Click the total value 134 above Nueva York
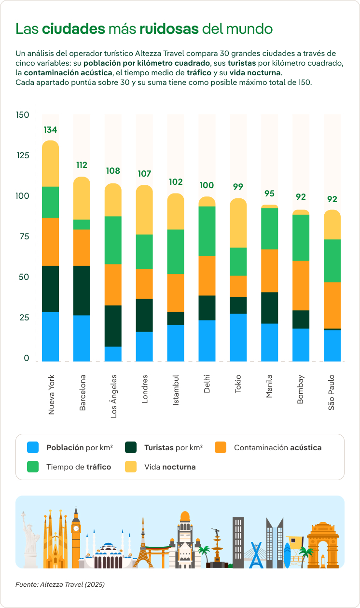coord(50,130)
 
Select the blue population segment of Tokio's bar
coord(238,337)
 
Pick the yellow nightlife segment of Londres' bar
coord(144,210)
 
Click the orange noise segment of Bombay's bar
coord(301,285)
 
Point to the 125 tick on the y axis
coord(23,155)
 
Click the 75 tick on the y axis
coord(23,236)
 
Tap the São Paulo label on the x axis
coord(332,392)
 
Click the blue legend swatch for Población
coord(33,447)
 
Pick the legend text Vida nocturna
coord(170,467)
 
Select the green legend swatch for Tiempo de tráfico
coord(33,467)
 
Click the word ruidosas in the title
coord(169,29)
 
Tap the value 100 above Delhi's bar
coord(207,185)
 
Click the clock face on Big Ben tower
coord(76,528)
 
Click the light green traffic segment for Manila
coord(269,229)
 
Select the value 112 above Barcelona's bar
coord(82,165)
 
